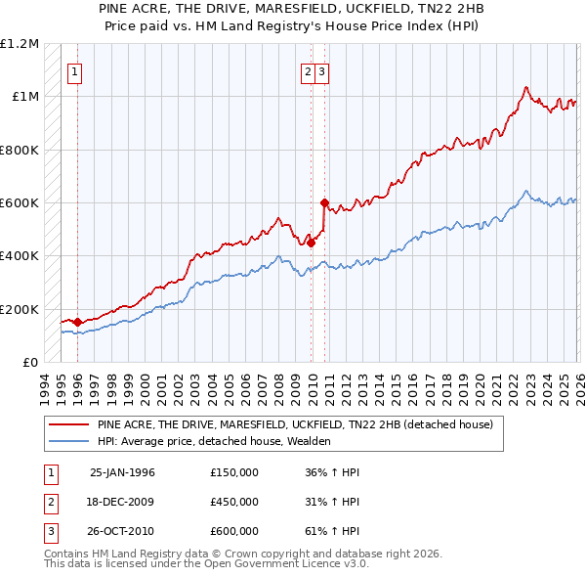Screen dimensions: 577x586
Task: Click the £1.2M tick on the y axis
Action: coord(20,44)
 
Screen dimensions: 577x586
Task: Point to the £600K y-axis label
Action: coord(20,203)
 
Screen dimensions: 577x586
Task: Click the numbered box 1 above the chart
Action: coord(75,70)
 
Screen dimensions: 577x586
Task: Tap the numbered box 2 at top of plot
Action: coord(308,70)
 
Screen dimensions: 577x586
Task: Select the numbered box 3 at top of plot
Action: coord(322,70)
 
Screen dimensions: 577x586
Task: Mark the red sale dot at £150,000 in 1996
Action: coord(77,322)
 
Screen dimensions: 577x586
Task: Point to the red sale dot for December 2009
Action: coord(312,243)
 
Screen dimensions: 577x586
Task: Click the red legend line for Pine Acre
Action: coord(68,425)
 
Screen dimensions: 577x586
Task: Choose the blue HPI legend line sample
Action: coord(68,441)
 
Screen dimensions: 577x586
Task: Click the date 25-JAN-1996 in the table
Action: coord(122,472)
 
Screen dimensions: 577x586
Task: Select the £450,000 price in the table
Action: coord(234,502)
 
